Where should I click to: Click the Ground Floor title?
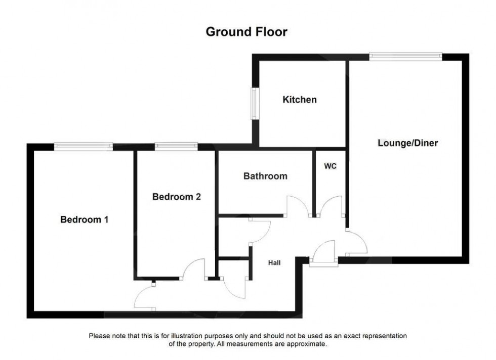click(246, 32)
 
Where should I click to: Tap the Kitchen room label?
click(300, 100)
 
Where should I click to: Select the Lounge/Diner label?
click(408, 143)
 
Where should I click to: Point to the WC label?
click(330, 166)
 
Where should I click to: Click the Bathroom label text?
click(265, 176)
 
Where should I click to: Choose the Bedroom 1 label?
click(85, 220)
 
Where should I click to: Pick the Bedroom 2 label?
click(177, 197)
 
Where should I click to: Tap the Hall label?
click(274, 262)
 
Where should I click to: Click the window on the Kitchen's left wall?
click(255, 104)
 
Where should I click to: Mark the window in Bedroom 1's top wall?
click(84, 147)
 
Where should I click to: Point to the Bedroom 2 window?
click(176, 147)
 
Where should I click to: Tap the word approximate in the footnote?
click(304, 344)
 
